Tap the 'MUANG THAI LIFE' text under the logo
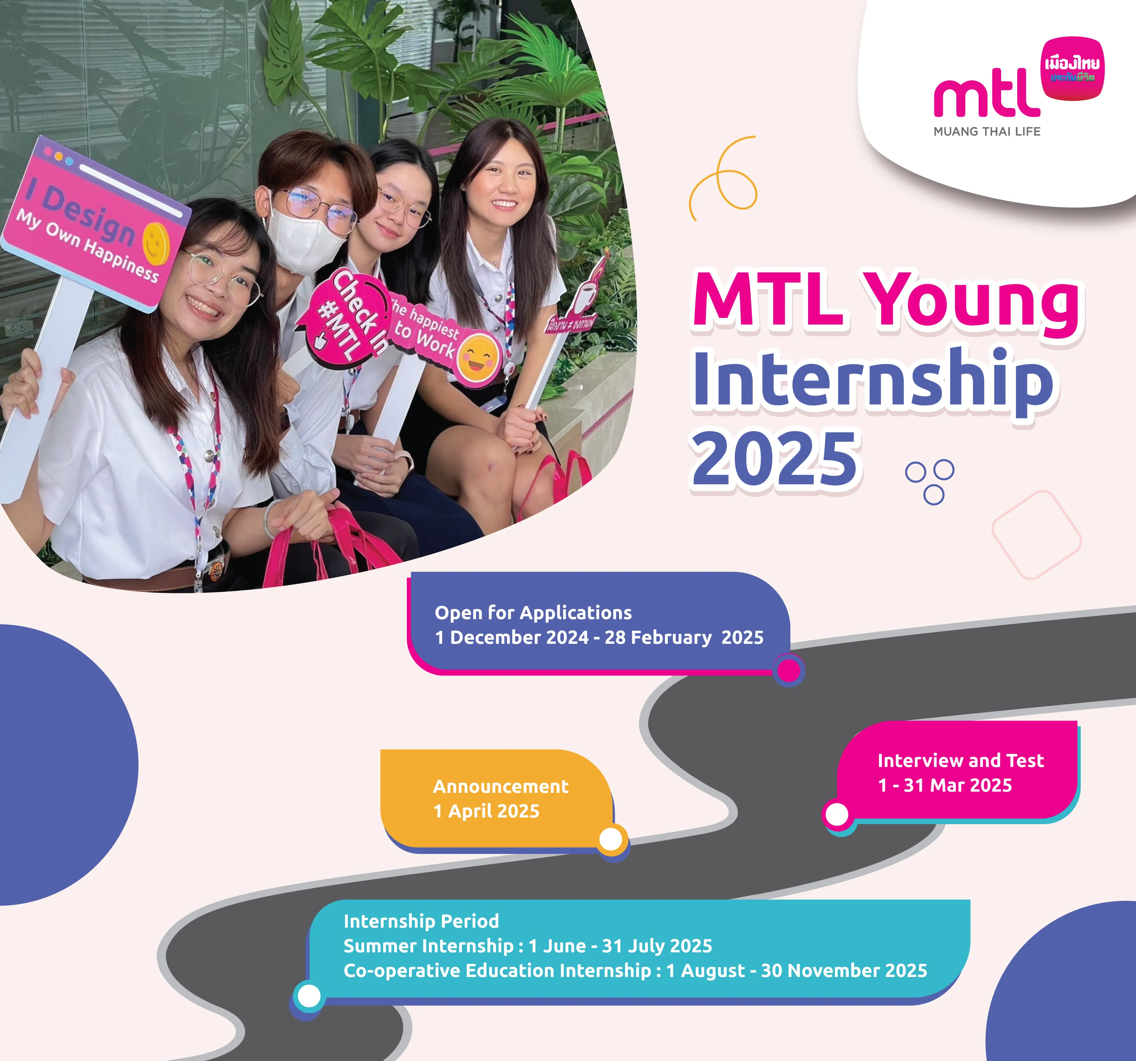click(x=987, y=131)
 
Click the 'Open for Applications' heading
click(x=533, y=613)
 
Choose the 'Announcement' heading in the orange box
click(x=501, y=787)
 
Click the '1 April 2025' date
click(x=486, y=811)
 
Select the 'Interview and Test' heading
click(x=960, y=761)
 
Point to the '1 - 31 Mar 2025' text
click(x=944, y=785)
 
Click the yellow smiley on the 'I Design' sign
click(x=156, y=243)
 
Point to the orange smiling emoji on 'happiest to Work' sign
click(x=479, y=357)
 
